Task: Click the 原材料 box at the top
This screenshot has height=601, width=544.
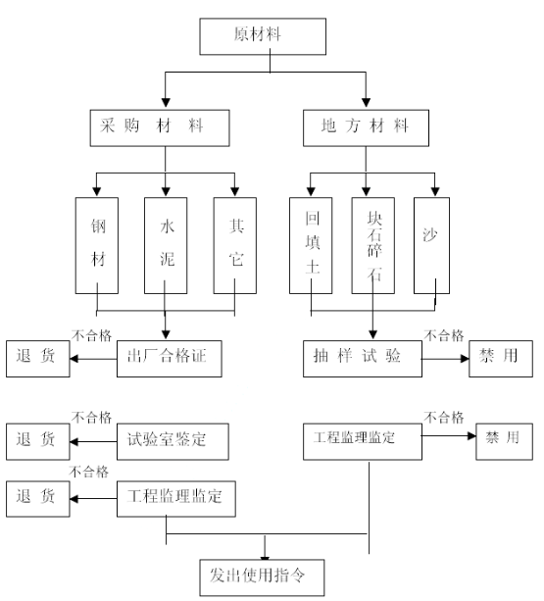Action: [263, 36]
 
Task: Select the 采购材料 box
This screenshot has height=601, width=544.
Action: [160, 128]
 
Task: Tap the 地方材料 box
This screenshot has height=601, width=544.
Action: [366, 128]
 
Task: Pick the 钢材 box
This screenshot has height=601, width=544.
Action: [97, 246]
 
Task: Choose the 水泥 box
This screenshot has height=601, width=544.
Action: [166, 246]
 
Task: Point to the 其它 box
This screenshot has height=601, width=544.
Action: [235, 246]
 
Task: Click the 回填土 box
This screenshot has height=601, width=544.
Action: [311, 246]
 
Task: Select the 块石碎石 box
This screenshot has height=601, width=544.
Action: [373, 246]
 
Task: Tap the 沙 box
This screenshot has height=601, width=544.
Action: [431, 246]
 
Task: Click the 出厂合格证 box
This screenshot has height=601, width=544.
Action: [170, 359]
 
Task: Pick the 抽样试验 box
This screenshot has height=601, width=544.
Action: [363, 359]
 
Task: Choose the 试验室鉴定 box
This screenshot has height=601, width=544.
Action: [173, 441]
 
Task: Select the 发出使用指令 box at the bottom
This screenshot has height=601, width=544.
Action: [262, 577]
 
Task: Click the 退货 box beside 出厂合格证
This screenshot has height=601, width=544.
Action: [38, 359]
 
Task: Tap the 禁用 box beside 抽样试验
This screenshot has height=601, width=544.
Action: [501, 359]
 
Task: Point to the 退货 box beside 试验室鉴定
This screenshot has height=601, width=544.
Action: [38, 441]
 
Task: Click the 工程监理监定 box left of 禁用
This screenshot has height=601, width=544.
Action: [363, 441]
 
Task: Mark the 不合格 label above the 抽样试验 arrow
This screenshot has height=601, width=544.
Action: [444, 335]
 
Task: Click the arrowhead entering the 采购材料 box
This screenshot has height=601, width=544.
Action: [166, 102]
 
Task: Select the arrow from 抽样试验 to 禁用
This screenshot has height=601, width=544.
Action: [445, 359]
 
